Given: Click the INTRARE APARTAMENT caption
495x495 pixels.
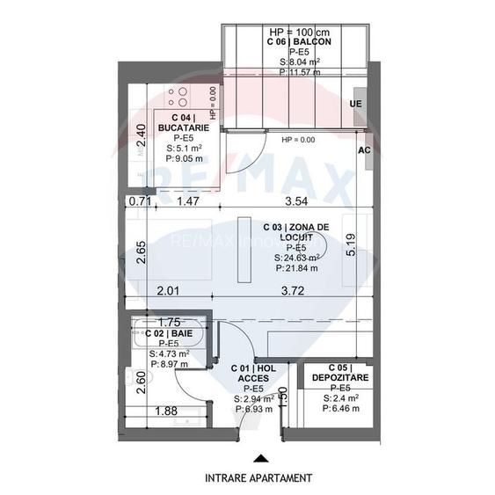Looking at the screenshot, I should [258, 478].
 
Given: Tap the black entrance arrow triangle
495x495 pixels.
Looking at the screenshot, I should [258, 458].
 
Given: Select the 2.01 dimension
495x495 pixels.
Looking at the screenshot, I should [169, 290].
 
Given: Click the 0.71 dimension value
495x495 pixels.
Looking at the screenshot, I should [139, 202].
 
